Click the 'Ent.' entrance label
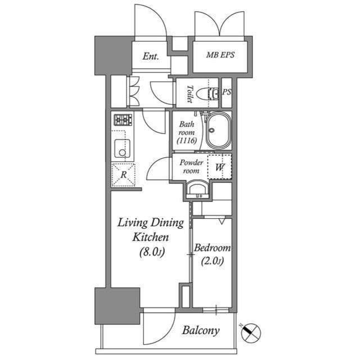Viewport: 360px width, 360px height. point(151,56)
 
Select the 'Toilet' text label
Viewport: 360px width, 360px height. point(190,94)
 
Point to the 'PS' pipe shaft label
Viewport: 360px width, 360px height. point(227,92)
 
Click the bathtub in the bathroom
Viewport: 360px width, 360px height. point(218,131)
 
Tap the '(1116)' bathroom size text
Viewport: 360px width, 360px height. point(186,141)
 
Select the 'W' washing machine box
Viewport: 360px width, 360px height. point(219,166)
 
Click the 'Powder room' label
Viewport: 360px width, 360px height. point(191,166)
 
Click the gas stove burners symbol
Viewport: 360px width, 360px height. point(123,119)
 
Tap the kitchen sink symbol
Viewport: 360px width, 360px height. point(123,149)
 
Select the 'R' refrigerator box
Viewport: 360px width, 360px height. point(123,174)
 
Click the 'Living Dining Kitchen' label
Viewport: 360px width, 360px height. point(150,229)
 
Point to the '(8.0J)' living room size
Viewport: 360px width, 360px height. point(151,252)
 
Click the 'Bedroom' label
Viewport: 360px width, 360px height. point(212,248)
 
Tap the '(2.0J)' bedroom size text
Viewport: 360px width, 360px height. point(213,260)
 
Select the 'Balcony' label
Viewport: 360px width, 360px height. point(200,330)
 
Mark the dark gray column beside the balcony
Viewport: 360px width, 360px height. point(116,305)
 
